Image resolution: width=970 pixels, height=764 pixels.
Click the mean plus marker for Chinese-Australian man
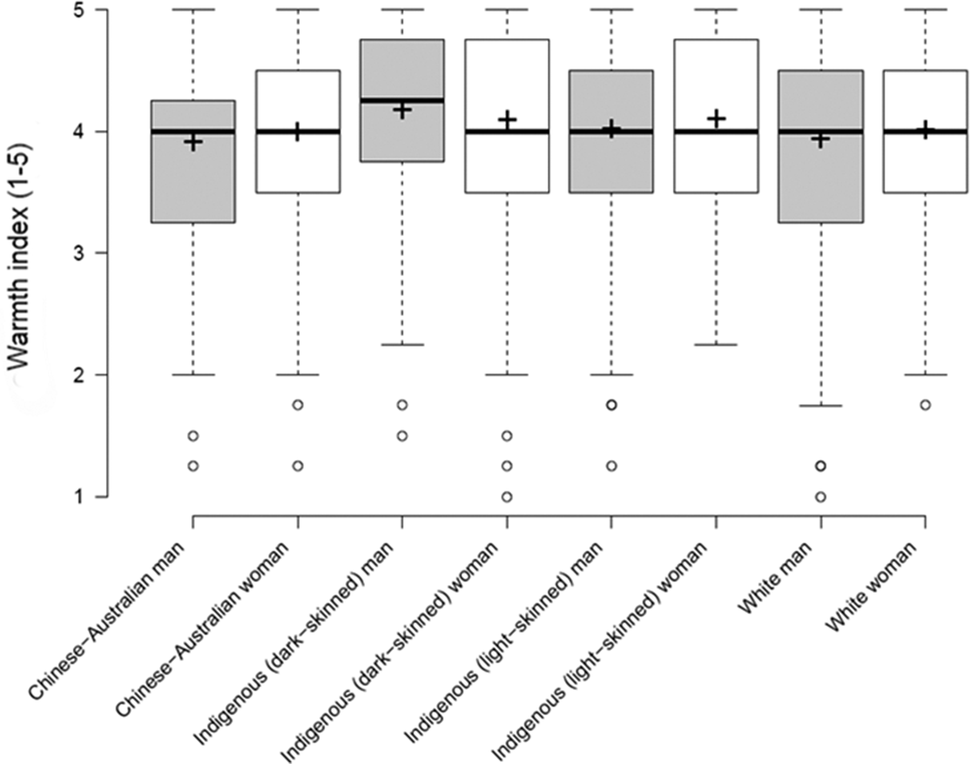tap(193, 142)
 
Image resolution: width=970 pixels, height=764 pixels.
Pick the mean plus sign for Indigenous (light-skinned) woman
tap(716, 119)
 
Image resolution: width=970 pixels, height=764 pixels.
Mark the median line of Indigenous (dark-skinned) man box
tap(402, 101)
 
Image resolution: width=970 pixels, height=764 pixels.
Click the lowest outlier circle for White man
tap(821, 497)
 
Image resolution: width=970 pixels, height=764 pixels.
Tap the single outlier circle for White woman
tap(925, 405)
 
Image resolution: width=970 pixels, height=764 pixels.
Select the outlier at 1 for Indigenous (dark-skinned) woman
tap(507, 497)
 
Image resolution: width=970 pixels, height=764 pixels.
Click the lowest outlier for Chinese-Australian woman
tap(298, 466)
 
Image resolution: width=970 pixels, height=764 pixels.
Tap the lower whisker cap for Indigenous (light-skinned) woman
tap(716, 345)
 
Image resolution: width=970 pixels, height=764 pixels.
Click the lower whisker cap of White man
tap(821, 406)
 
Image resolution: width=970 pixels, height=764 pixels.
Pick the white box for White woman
tap(925, 165)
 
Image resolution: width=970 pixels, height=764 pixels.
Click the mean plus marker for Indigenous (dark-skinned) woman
tap(507, 120)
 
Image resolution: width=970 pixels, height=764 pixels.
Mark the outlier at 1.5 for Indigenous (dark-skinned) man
tap(402, 436)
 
